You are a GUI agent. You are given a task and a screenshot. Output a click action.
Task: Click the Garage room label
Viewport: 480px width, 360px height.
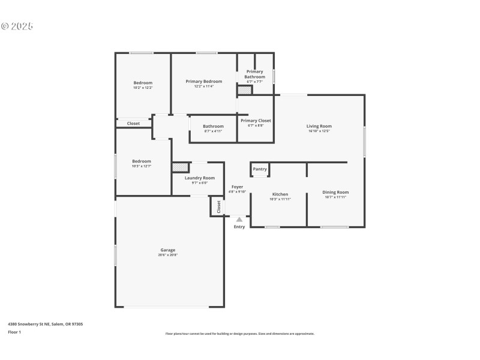pos(167,250)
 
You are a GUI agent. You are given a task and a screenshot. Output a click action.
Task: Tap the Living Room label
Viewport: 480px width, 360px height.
pos(319,126)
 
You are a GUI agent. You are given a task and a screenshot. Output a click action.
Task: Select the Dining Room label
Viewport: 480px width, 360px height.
pos(336,192)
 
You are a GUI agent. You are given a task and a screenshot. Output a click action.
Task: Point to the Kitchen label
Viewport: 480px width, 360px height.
pos(280,194)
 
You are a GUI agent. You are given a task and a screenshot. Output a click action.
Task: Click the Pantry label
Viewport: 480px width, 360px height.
pos(260,169)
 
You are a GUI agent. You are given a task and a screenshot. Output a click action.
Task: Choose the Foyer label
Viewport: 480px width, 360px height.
pos(238,187)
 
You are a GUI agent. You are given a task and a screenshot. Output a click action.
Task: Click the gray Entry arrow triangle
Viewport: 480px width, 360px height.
pos(239,220)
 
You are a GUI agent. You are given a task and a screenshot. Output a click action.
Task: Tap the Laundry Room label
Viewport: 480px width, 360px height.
pos(199,178)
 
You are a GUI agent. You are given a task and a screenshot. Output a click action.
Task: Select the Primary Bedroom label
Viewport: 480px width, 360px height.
pos(204,82)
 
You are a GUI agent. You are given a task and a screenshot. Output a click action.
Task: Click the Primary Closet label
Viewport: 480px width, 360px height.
pos(256,121)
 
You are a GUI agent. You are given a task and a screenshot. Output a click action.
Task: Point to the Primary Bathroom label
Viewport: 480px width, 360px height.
pos(254,74)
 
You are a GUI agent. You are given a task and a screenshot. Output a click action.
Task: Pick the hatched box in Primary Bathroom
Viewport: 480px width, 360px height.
pos(245,90)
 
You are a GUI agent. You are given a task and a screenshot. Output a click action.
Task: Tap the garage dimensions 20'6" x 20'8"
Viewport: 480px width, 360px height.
pos(167,255)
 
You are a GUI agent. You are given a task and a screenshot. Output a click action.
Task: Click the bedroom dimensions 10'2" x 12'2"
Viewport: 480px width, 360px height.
pos(143,88)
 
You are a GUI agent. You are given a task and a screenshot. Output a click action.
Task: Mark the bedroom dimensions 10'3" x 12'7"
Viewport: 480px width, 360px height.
pos(142,166)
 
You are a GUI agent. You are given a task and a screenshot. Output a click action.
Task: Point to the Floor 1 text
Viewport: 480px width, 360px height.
pos(14,332)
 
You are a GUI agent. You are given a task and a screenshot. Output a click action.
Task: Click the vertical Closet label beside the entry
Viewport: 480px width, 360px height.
pos(219,206)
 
